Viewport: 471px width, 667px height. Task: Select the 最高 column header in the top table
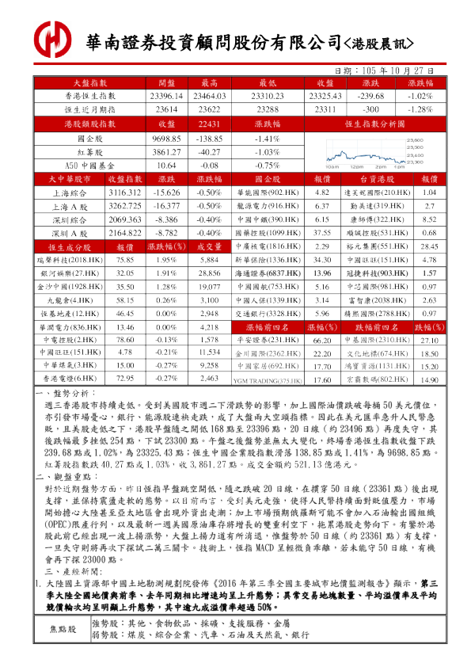coord(210,82)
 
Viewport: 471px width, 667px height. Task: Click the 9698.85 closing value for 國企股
coord(166,138)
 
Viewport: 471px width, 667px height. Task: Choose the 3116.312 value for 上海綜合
coord(124,192)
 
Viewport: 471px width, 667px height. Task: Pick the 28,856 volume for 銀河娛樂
coord(209,273)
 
